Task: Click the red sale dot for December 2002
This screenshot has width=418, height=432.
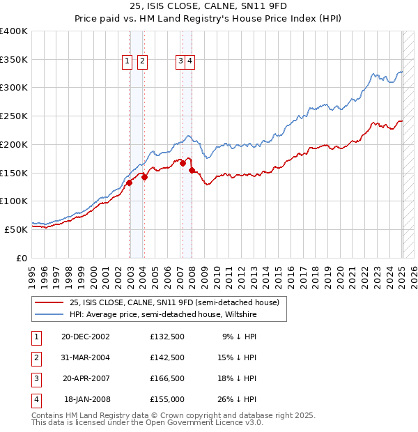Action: (x=130, y=183)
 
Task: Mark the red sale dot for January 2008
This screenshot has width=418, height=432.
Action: (x=192, y=170)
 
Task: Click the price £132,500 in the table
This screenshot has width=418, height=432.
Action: (x=167, y=337)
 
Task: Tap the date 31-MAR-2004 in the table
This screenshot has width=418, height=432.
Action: (x=86, y=357)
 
